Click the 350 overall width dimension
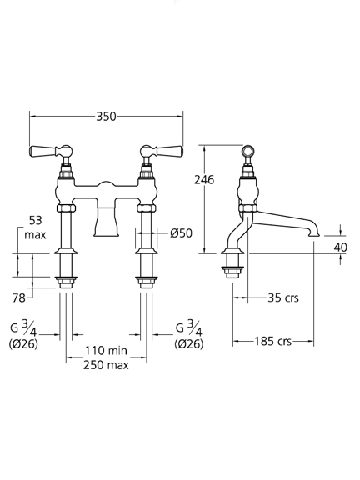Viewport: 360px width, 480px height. pos(106,117)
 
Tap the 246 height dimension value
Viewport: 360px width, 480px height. pos(204,180)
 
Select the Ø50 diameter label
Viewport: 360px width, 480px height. pos(182,233)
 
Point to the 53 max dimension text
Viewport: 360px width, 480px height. pos(35,227)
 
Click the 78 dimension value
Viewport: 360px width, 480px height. pos(18,297)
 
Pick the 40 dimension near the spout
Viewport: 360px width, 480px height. pos(340,247)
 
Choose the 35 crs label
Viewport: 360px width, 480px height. pos(283,297)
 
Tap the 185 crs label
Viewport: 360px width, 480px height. pos(273,341)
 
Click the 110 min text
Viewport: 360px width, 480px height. pos(106,351)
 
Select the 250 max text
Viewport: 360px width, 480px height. pos(106,365)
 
